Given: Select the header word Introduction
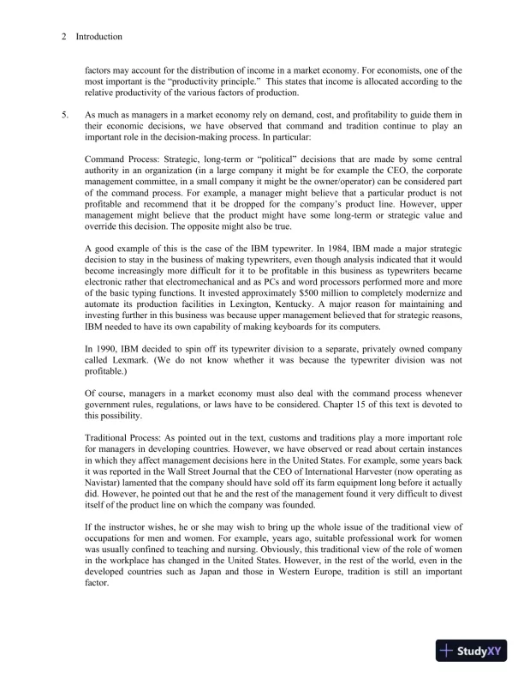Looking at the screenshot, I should click(x=98, y=37).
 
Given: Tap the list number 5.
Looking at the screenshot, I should click(x=65, y=115).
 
